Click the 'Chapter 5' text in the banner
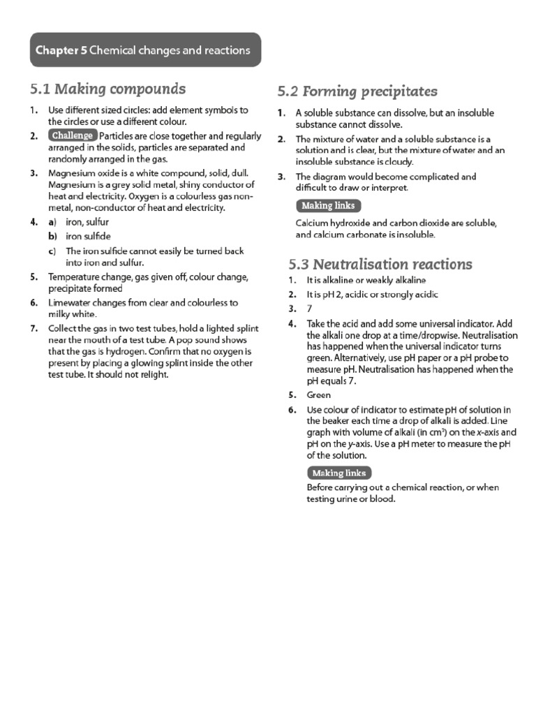pyautogui.click(x=59, y=50)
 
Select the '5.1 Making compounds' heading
pyautogui.click(x=107, y=89)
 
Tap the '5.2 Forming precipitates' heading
pyautogui.click(x=357, y=91)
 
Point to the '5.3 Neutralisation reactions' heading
pyautogui.click(x=380, y=264)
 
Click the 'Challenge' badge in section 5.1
pyautogui.click(x=72, y=135)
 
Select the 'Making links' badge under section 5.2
pyautogui.click(x=328, y=205)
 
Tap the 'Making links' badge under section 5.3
pyautogui.click(x=339, y=473)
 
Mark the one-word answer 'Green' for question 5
pyautogui.click(x=319, y=395)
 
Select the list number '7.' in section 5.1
pyautogui.click(x=34, y=329)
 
